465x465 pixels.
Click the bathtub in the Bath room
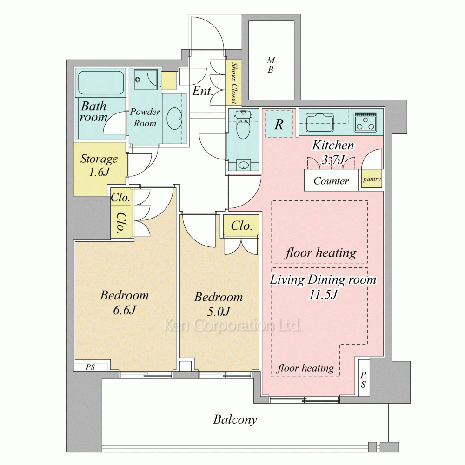pos(101,82)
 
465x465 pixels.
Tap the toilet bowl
pos(243,125)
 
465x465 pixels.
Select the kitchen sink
pos(320,122)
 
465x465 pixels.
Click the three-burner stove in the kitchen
pos(365,122)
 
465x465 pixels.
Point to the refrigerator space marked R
pos(279,123)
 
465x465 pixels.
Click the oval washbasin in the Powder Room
pos(174,118)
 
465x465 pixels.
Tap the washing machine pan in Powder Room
pos(146,79)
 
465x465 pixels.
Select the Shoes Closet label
pos(234,83)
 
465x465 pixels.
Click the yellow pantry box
pos(372,179)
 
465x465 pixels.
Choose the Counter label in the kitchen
pos(331,180)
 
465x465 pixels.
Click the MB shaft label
pos(271,65)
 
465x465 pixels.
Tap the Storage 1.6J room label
pos(99,165)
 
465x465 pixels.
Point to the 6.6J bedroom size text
pos(125,310)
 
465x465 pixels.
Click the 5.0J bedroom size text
pos(219,312)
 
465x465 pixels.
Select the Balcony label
pos(235,419)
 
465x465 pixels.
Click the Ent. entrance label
pos(203,91)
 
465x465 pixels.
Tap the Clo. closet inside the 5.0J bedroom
pos(241,226)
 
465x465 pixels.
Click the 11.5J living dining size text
pos(323,294)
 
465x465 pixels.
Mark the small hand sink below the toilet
pos(244,165)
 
